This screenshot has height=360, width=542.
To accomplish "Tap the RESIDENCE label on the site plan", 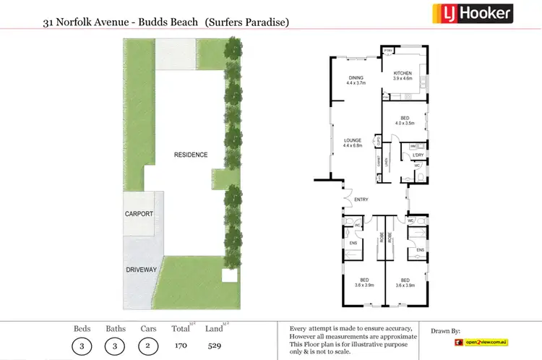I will (191, 155).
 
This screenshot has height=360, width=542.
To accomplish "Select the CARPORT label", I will (139, 214).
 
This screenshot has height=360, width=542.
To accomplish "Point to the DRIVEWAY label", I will (141, 270).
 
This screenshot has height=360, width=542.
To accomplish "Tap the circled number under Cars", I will (147, 345).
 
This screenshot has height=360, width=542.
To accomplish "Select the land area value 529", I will (214, 346).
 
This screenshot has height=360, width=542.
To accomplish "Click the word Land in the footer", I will (213, 329).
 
